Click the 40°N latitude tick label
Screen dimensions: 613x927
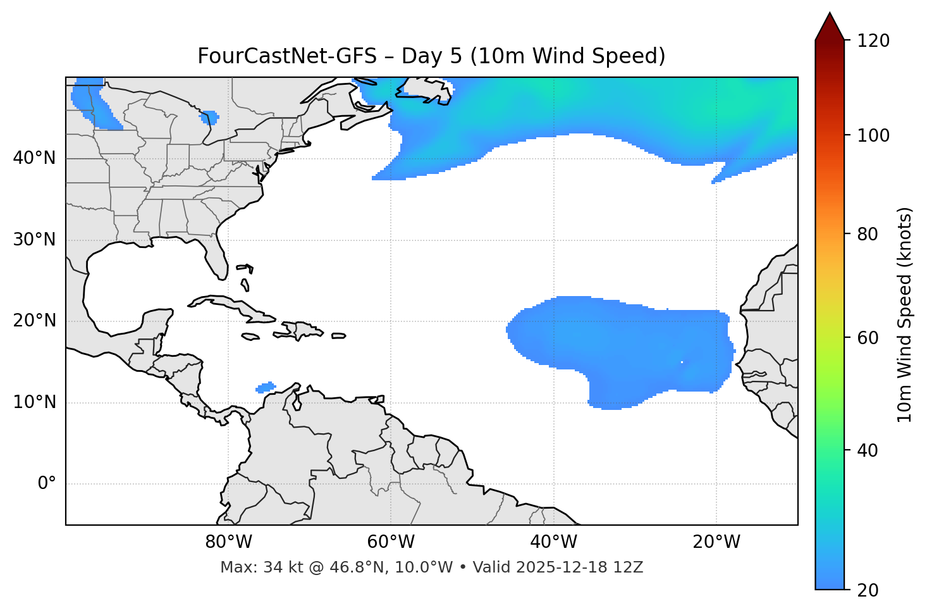34,158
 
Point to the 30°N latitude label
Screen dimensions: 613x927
34,240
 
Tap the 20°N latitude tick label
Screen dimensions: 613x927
34,321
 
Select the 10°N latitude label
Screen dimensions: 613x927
34,402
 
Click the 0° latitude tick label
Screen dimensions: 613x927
47,484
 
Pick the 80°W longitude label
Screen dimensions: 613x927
228,542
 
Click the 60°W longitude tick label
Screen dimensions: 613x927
391,542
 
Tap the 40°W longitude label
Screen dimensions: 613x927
553,542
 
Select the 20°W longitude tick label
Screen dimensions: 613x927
716,542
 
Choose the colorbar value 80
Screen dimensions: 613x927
867,234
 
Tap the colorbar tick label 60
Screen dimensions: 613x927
867,338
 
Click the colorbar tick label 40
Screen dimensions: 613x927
867,450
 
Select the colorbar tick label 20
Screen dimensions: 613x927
867,590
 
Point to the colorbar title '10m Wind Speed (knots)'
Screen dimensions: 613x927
905,314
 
